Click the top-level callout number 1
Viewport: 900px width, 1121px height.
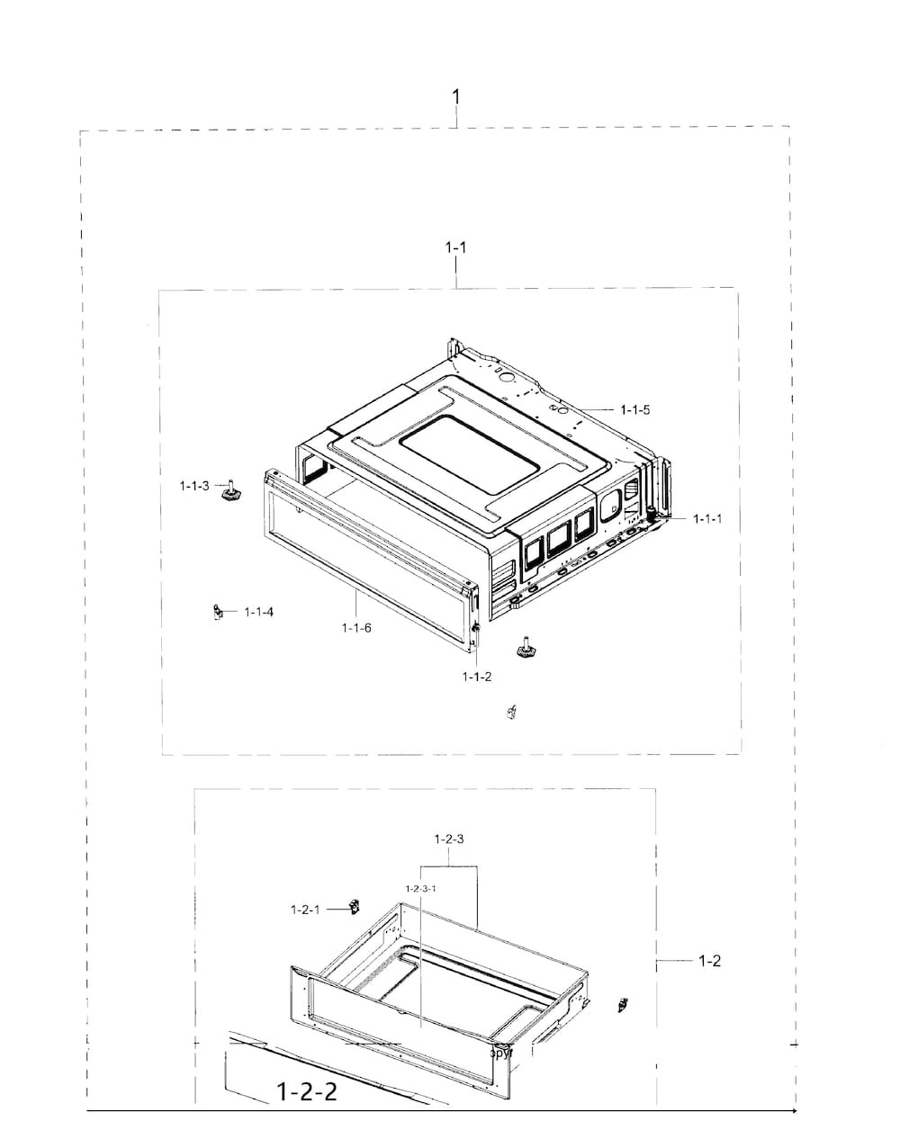tap(456, 96)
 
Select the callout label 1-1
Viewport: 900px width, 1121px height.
tap(456, 247)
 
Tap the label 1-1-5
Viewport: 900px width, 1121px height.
tap(634, 409)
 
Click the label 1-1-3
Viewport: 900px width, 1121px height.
tap(193, 486)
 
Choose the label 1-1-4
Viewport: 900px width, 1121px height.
tap(258, 613)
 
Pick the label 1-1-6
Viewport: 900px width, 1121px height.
tap(356, 627)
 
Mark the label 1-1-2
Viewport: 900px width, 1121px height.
tap(477, 677)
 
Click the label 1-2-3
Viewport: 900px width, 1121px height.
tap(448, 839)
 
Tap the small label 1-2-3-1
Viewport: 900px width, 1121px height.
tap(420, 889)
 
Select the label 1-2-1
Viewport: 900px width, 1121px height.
tap(305, 910)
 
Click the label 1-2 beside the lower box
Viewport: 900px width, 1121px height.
tap(709, 961)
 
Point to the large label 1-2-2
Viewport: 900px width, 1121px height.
tap(307, 1092)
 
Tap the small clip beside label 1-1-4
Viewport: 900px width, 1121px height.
tap(216, 613)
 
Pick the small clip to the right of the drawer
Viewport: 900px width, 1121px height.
tap(621, 1004)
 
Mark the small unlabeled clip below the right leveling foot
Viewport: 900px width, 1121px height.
tap(512, 713)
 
